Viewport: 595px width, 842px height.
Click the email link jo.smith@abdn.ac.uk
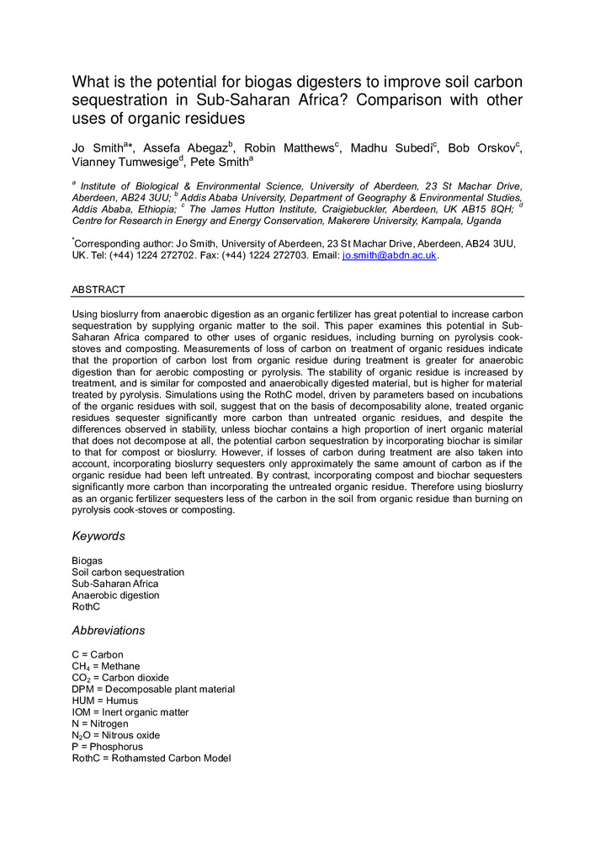click(x=389, y=255)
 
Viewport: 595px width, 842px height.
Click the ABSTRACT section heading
click(x=98, y=289)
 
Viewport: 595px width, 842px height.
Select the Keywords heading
click(x=98, y=536)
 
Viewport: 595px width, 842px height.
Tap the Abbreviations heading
click(x=109, y=630)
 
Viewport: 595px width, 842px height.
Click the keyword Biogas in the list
click(x=88, y=560)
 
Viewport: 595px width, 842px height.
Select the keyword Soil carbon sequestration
click(x=128, y=572)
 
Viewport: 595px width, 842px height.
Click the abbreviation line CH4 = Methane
click(x=106, y=666)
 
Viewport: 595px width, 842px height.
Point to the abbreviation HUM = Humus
click(x=105, y=701)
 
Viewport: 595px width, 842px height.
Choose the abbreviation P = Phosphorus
click(x=108, y=747)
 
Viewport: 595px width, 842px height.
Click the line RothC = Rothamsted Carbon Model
click(x=151, y=759)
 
